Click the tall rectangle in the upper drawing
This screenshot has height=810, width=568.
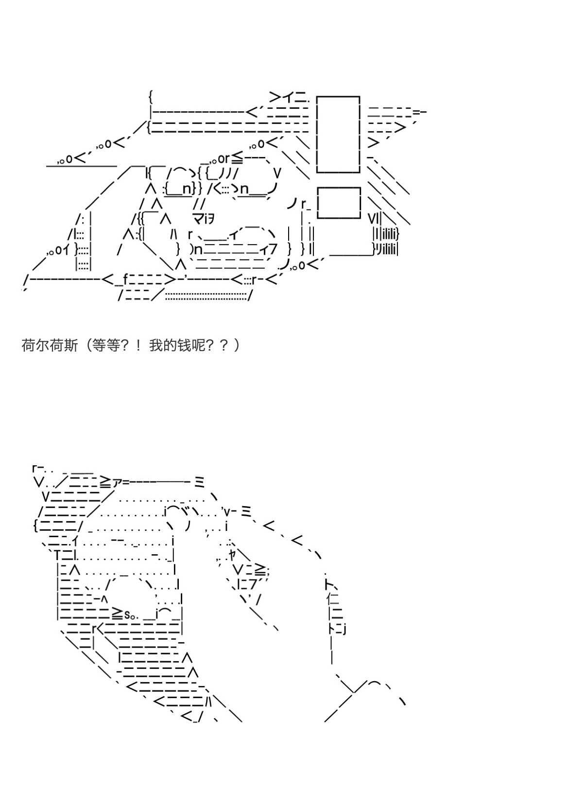point(338,134)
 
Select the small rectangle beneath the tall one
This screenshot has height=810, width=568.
point(338,202)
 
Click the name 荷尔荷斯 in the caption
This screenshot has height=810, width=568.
point(49,346)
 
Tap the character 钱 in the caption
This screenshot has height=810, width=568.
point(185,346)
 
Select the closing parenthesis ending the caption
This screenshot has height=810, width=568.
point(237,346)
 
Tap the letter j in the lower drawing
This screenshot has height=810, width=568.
point(344,629)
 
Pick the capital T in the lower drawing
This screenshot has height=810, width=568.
point(57,555)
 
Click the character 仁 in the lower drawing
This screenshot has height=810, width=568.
point(333,597)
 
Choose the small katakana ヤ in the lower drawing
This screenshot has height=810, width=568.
point(232,554)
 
